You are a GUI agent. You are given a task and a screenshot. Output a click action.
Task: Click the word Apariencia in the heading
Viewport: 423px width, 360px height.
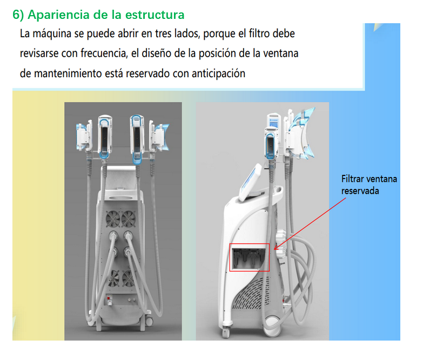coord(59,15)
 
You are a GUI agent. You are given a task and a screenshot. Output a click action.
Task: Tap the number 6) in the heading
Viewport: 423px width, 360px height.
coord(18,15)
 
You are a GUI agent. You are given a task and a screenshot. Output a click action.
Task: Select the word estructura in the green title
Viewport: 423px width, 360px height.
coord(155,15)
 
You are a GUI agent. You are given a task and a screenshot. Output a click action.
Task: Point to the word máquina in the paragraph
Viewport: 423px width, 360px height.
coord(51,34)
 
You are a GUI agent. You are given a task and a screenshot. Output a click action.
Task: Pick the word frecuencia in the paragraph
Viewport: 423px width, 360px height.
coord(104,53)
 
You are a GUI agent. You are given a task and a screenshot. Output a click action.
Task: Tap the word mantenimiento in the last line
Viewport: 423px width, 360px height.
coord(68,73)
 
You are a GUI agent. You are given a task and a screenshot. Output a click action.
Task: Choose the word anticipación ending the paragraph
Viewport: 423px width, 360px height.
coord(218,73)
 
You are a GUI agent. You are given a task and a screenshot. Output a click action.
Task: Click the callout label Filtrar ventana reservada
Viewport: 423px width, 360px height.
coord(369,185)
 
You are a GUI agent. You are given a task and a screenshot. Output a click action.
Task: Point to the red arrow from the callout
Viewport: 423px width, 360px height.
coord(310,223)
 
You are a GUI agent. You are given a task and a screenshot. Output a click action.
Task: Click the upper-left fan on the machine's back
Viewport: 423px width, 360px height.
coord(113,219)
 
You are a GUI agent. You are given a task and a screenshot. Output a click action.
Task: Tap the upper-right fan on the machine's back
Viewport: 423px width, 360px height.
coord(129,219)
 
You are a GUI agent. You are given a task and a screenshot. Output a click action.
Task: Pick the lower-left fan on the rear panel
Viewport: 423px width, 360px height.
coord(113,279)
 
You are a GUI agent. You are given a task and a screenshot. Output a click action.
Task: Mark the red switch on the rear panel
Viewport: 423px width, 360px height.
coord(109,298)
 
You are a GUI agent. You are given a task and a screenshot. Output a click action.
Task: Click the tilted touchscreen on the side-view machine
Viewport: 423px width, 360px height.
coord(250,182)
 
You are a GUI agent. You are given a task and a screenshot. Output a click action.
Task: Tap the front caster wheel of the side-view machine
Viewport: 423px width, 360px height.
coord(226,332)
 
